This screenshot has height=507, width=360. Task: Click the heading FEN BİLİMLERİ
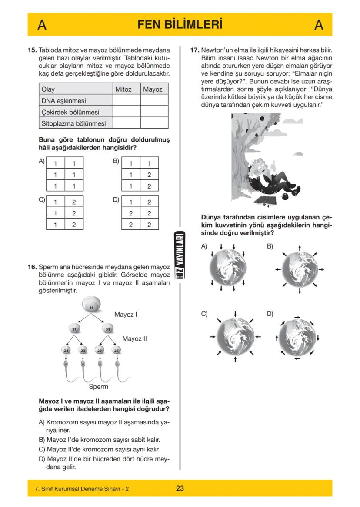[x=180, y=25]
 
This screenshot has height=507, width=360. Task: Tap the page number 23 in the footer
[x=180, y=488]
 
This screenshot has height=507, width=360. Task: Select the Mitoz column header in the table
[x=123, y=89]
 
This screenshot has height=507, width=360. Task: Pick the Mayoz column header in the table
[x=153, y=89]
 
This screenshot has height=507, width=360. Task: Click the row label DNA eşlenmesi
[x=63, y=101]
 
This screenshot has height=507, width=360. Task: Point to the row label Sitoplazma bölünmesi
[x=73, y=123]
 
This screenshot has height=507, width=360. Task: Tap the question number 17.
[x=195, y=50]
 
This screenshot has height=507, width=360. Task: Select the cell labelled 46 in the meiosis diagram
[x=91, y=307]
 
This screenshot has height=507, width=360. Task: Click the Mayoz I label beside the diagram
[x=126, y=314]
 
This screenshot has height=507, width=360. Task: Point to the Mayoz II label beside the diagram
[x=135, y=338]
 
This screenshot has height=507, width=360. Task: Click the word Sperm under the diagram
[x=98, y=386]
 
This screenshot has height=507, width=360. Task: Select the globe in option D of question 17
[x=297, y=337]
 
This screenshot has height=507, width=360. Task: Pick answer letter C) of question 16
[x=42, y=449]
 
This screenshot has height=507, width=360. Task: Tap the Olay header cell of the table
[x=48, y=89]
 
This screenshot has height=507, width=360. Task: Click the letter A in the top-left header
[x=42, y=25]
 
